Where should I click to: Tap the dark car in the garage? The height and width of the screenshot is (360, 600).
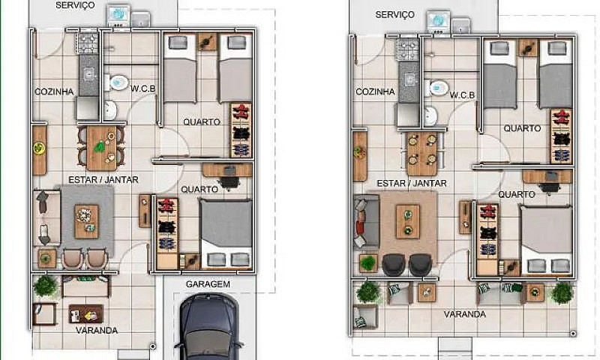point(208,327)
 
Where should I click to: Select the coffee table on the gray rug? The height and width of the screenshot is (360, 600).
point(86,222)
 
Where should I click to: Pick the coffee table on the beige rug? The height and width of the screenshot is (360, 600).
point(408,222)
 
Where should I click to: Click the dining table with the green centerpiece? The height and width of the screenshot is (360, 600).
point(101,148)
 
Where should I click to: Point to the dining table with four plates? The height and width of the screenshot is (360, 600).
point(422,154)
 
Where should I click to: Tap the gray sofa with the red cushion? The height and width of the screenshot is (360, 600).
point(366,222)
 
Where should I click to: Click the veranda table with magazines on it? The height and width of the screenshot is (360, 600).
point(85,313)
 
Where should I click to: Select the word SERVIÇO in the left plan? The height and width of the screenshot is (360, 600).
point(75,5)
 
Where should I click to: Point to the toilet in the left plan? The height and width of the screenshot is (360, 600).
point(116,82)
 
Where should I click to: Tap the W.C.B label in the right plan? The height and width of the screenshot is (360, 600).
point(462,95)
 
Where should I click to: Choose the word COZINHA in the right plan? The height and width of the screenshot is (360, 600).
point(375,91)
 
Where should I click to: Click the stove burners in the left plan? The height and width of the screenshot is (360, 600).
point(88,43)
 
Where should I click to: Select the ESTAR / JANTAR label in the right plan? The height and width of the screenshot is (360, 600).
point(412,184)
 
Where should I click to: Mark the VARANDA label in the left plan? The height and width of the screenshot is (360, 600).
point(97,331)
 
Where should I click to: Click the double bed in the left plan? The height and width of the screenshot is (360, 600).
point(226,233)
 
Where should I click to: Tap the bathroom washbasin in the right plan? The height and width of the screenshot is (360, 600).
point(430,115)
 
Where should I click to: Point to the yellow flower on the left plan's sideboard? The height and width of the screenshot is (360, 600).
point(39,148)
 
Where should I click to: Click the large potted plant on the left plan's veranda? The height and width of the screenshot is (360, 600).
point(45,286)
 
